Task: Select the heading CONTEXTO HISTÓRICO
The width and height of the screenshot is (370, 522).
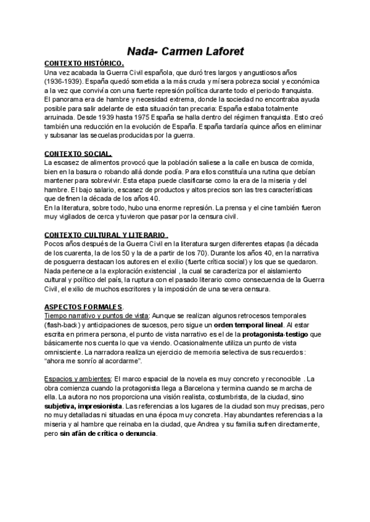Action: pos(84,63)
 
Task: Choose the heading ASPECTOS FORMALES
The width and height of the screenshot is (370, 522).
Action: pos(84,307)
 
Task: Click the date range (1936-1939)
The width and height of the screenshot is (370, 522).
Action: pos(63,81)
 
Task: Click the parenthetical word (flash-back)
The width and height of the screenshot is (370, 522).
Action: pos(67,324)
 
